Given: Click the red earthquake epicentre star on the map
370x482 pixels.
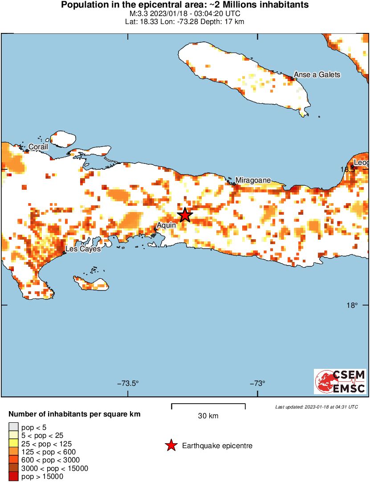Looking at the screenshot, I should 185,215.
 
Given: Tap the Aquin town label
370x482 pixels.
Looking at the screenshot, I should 167,225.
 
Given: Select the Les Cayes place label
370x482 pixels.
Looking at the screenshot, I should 83,249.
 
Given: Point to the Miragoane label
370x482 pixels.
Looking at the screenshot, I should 252,180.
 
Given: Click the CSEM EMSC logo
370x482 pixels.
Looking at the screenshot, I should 340,381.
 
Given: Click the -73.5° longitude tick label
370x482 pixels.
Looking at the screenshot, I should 128,384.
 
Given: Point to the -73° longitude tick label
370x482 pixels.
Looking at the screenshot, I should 258,384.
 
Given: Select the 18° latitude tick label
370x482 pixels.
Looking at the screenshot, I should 352,306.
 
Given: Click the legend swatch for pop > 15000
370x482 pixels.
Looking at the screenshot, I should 14,477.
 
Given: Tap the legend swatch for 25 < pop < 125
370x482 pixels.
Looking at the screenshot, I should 14,444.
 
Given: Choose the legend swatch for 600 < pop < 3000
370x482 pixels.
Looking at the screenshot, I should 14,460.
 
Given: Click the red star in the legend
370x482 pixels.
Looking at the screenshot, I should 171,445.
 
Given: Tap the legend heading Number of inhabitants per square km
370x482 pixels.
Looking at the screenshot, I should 74,414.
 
